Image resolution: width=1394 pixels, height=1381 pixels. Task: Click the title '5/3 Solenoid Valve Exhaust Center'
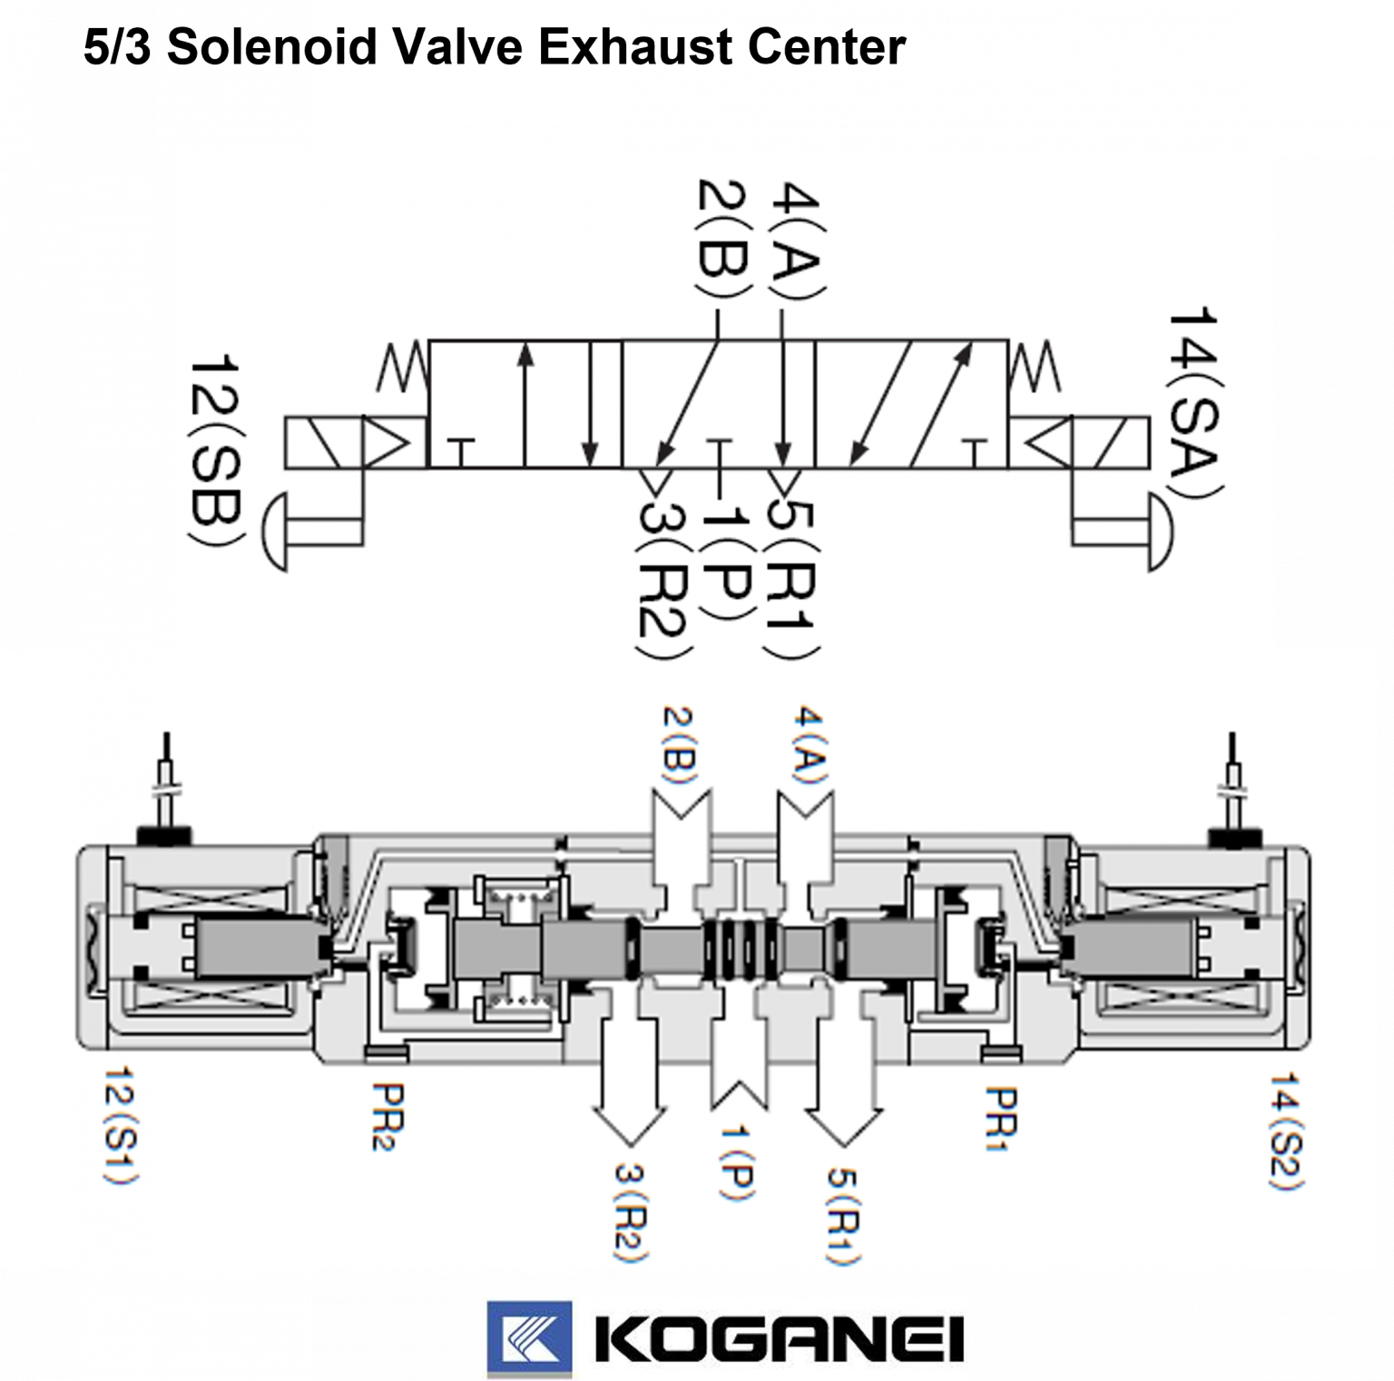pos(495,47)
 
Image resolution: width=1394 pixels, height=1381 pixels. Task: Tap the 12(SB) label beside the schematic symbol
pos(216,451)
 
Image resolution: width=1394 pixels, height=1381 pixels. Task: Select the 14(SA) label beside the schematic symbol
pos(1194,403)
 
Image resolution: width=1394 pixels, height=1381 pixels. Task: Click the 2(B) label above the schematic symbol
pos(723,239)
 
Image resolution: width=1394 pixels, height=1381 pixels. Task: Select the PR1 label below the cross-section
pos(1000,1118)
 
